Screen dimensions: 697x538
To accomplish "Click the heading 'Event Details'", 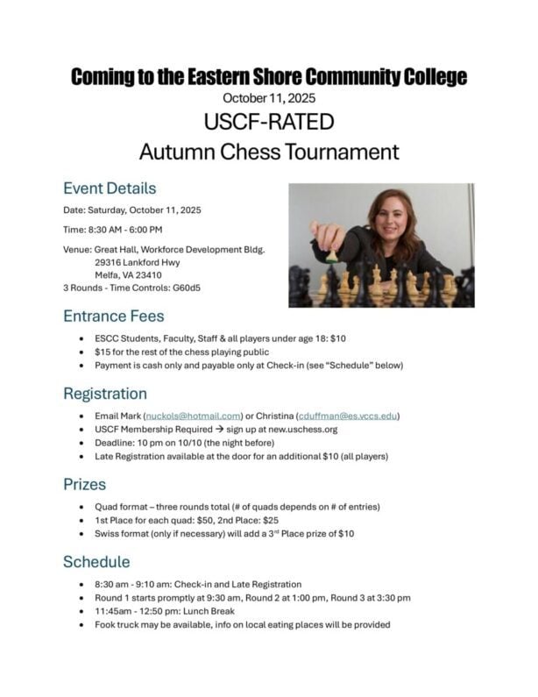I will pos(110,188).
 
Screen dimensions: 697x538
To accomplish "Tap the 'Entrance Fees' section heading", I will pos(114,316).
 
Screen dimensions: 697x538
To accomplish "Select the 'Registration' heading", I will pos(105,394).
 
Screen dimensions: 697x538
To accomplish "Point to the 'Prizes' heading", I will pos(84,484).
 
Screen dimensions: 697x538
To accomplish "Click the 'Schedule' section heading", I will pos(96,561).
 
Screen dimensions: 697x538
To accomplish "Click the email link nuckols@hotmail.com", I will pos(193,416).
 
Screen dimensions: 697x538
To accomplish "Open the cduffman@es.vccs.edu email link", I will pos(347,416).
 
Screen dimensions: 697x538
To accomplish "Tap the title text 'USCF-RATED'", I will pos(268,120).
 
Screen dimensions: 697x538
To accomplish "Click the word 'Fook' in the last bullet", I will pos(108,624).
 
